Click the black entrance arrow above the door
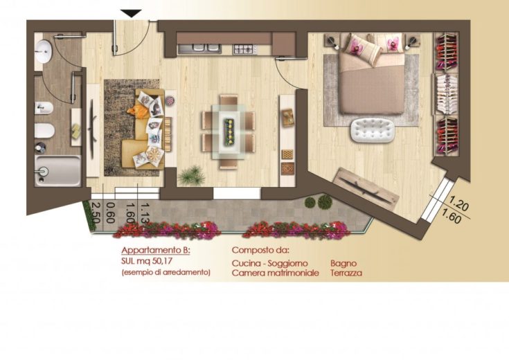[131, 13]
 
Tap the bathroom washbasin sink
[43, 51]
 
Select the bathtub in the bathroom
[57, 171]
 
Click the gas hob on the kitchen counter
[244, 49]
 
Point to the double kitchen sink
[199, 49]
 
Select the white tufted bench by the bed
[373, 130]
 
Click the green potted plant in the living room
[192, 176]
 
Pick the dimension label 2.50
[95, 212]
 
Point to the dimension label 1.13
[145, 213]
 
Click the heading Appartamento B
[156, 251]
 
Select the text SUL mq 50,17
[146, 261]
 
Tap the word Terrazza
[346, 273]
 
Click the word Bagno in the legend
[343, 263]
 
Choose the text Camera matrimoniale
[276, 273]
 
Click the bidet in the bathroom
[44, 108]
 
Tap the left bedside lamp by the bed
[332, 42]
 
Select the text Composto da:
[260, 251]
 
